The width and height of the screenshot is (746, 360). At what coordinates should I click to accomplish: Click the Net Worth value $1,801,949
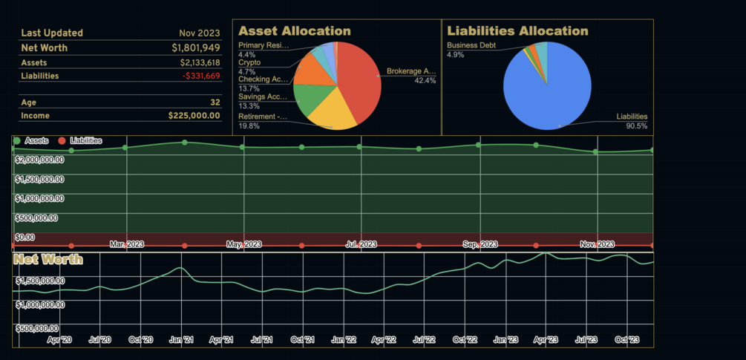195,48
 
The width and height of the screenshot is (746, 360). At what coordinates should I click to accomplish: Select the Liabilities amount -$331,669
200,76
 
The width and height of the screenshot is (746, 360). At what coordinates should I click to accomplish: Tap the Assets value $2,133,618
200,62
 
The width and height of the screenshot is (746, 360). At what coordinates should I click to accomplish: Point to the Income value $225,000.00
194,116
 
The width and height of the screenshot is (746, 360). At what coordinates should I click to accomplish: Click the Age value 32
215,102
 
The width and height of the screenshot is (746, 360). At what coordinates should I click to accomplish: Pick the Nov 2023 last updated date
200,33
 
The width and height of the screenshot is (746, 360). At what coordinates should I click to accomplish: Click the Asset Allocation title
295,31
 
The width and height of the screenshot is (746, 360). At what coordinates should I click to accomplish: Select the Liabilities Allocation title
517,31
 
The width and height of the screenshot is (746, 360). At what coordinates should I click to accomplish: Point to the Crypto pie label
249,63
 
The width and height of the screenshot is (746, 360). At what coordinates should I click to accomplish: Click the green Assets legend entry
31,140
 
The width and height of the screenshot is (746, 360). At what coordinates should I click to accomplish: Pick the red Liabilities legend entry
82,140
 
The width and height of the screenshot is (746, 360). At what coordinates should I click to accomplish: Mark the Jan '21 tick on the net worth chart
181,339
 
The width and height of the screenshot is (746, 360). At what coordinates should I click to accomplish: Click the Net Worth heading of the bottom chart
49,260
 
